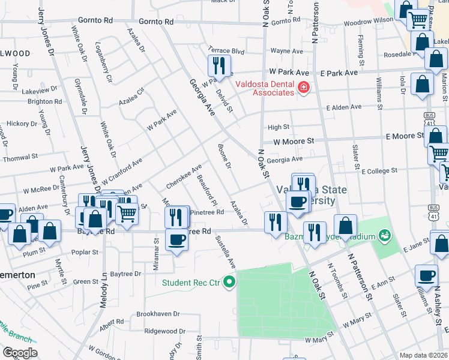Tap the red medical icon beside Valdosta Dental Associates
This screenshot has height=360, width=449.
click(x=304, y=88)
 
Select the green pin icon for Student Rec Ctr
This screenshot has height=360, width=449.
click(x=228, y=281)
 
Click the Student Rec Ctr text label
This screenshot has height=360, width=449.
click(x=191, y=281)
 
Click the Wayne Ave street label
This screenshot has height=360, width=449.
click(x=286, y=52)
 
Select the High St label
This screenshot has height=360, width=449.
click(x=279, y=127)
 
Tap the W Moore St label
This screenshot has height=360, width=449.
click(x=294, y=142)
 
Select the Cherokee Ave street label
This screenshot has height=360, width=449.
click(x=184, y=175)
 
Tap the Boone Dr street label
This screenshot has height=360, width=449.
click(x=224, y=156)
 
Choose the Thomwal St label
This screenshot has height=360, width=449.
click(x=20, y=157)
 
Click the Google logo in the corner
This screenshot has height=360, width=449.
click(x=20, y=353)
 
